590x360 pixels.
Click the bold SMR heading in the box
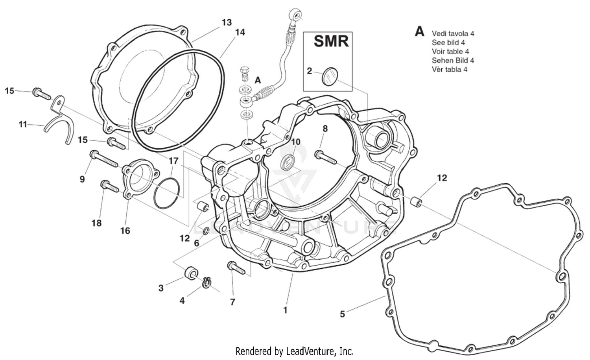(x=331, y=41)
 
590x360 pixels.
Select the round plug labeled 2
(x=330, y=75)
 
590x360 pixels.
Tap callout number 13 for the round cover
(x=227, y=22)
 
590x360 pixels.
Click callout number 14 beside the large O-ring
(x=240, y=32)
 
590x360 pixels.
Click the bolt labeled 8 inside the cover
(x=326, y=157)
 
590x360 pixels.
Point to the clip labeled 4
(x=207, y=282)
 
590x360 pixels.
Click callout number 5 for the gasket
(x=342, y=314)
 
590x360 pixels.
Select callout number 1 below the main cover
(x=285, y=310)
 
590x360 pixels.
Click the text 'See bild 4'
(x=448, y=42)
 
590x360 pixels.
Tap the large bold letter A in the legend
(x=420, y=31)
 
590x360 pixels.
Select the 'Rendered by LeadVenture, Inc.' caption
(x=294, y=351)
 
